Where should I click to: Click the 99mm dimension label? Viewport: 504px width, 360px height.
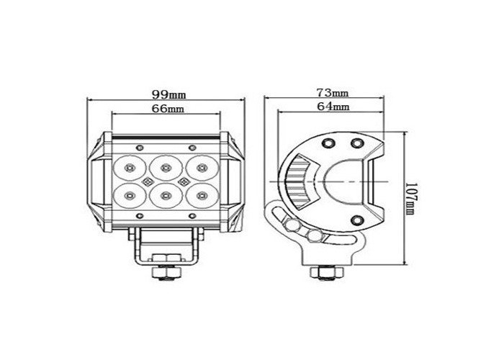click(166, 94)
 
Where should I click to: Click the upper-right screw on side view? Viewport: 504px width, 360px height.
click(356, 143)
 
